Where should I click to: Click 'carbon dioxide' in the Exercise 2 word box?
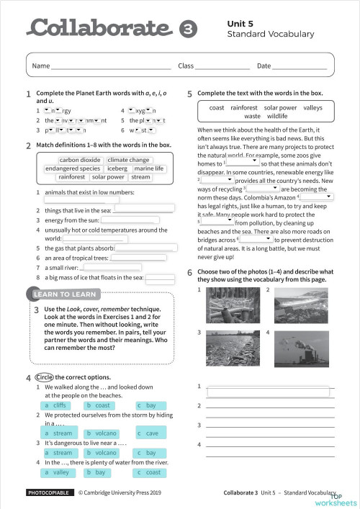[x=80, y=160]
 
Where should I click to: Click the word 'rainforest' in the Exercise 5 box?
[x=243, y=107]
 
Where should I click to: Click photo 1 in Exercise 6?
[x=228, y=305]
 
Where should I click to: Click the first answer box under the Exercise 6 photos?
[x=269, y=392]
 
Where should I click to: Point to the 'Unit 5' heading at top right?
[x=240, y=23]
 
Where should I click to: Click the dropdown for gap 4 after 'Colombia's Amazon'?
[x=315, y=196]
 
